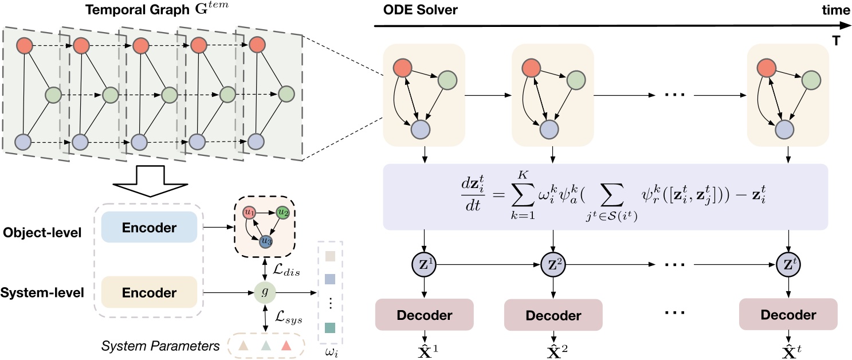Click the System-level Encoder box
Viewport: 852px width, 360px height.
pyautogui.click(x=148, y=292)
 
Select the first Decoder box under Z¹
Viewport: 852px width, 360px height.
pyautogui.click(x=423, y=315)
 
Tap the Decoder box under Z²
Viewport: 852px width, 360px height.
pyautogui.click(x=552, y=315)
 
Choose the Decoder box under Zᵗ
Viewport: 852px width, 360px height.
pyautogui.click(x=788, y=315)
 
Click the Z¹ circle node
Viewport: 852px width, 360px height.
pyautogui.click(x=423, y=265)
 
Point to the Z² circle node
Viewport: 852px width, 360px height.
pyautogui.click(x=552, y=265)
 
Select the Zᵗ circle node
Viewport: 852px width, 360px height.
pyautogui.click(x=788, y=265)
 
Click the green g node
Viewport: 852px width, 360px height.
pyautogui.click(x=264, y=292)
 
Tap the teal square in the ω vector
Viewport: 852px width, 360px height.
pyautogui.click(x=329, y=328)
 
